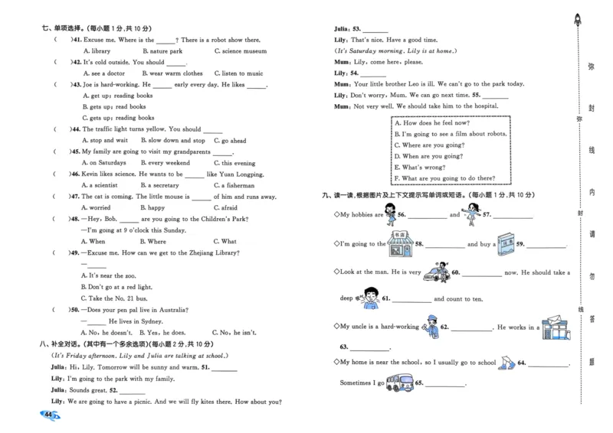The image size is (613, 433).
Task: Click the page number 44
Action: [48, 414]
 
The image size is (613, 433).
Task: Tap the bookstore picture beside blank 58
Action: [400, 245]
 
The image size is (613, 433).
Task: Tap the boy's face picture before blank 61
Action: [369, 297]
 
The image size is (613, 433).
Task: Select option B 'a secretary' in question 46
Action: [159, 185]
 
